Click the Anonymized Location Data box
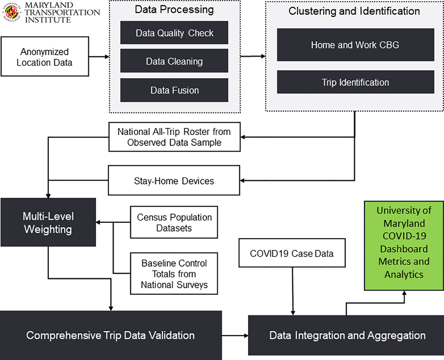coord(44,57)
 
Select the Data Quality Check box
coord(174,33)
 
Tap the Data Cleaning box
coord(174,61)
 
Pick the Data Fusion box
coord(174,90)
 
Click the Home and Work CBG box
coord(355,45)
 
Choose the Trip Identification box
coord(355,82)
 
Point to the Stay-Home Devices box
coord(174,180)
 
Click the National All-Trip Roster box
coord(174,137)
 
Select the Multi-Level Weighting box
coord(48,223)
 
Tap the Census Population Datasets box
coord(174,222)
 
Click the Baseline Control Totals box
coord(174,274)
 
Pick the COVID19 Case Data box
coord(292,253)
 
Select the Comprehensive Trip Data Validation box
coord(111,335)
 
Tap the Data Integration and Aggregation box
coord(347,335)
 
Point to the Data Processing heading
coord(174,10)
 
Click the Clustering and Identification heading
coord(354,11)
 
